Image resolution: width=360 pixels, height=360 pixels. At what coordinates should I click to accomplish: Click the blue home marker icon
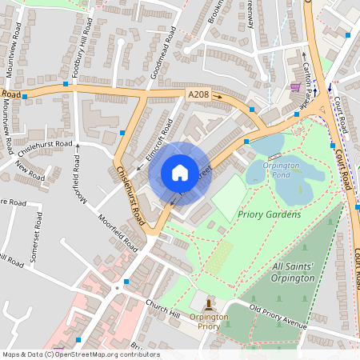coord(180,173)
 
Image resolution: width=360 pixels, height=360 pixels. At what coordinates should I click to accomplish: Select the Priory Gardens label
coord(274,214)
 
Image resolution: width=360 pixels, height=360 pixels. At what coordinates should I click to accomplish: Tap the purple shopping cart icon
coord(295,87)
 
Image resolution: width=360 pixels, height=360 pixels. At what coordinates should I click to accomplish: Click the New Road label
coord(30,173)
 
